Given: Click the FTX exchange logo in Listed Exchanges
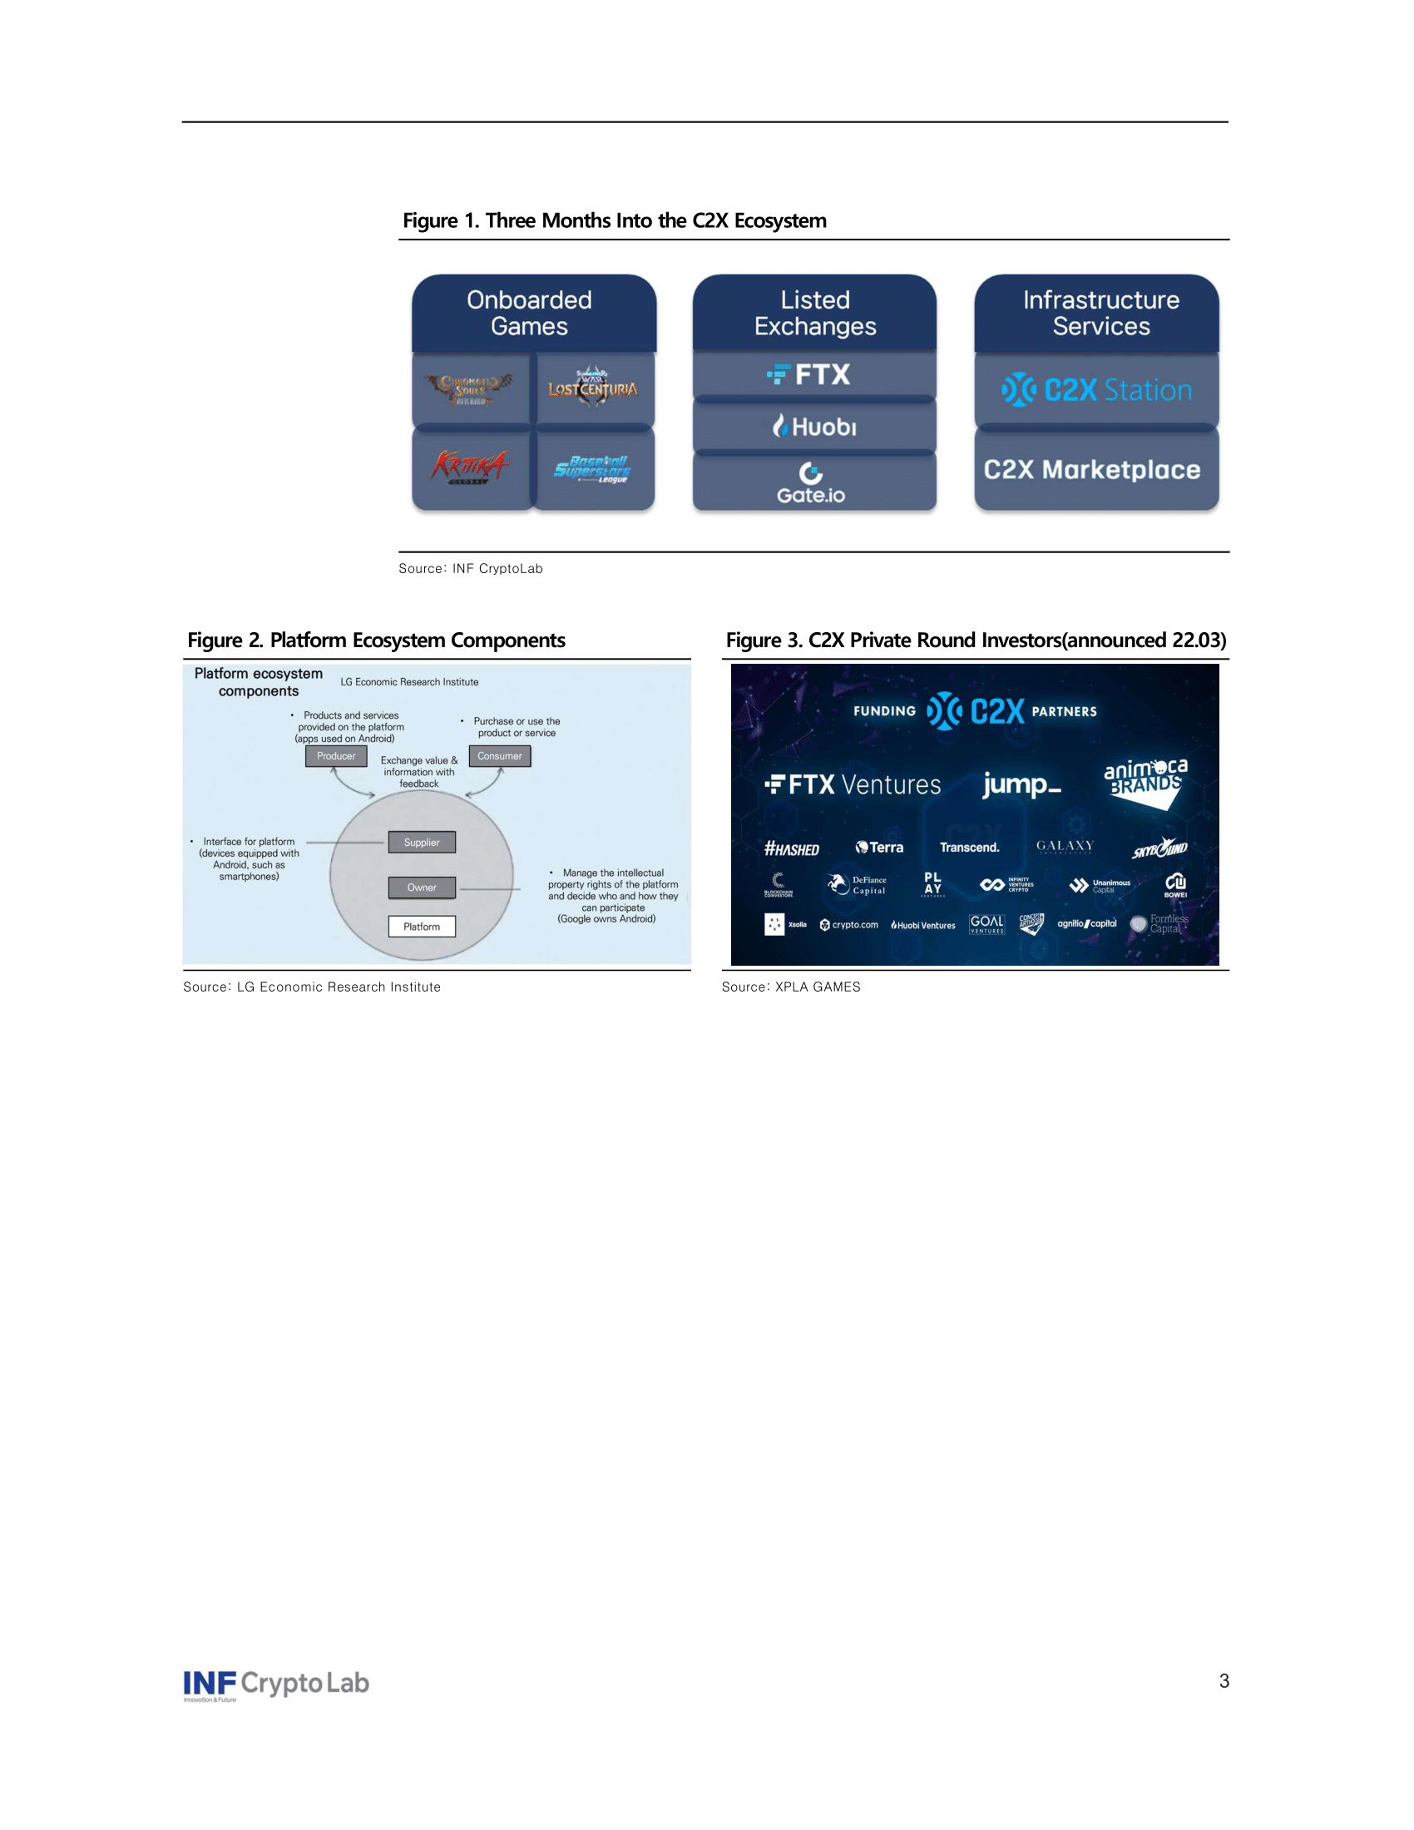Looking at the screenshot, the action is pos(809,374).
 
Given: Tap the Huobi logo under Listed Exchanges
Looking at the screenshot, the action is pos(814,427).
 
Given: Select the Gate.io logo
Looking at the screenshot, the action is pos(811,484).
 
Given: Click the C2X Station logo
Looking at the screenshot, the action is pos(1096,390).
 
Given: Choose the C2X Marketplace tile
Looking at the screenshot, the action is pos(1091,470).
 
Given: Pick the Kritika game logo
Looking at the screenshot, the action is pos(470,467).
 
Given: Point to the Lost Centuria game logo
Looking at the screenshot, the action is pos(592,388).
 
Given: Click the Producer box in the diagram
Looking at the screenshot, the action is pos(336,756).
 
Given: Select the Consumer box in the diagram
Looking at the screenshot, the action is pos(499,756).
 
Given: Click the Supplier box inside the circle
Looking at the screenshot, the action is pos(422,842).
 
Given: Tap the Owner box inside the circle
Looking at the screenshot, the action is pos(422,888).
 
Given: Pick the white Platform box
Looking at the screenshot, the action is pos(422,927).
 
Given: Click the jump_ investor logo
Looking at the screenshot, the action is pos(1022,784).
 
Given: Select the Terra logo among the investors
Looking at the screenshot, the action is pos(879,847).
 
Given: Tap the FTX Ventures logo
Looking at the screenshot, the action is pos(853,785).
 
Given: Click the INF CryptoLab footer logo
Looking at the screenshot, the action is pos(275,1684).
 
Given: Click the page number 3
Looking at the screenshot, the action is pos(1224,1681).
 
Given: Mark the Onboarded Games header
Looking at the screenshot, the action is pos(529,313).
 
